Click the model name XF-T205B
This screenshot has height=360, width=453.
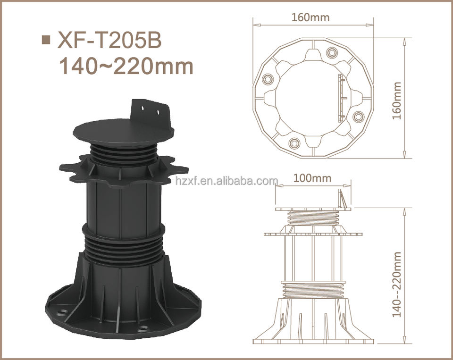click(109, 40)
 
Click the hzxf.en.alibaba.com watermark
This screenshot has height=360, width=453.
click(226, 181)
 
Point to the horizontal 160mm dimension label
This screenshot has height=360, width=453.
click(310, 17)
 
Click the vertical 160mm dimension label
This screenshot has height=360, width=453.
click(397, 100)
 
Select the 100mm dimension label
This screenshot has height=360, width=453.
click(312, 178)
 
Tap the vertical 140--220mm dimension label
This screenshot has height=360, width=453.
click(397, 285)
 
